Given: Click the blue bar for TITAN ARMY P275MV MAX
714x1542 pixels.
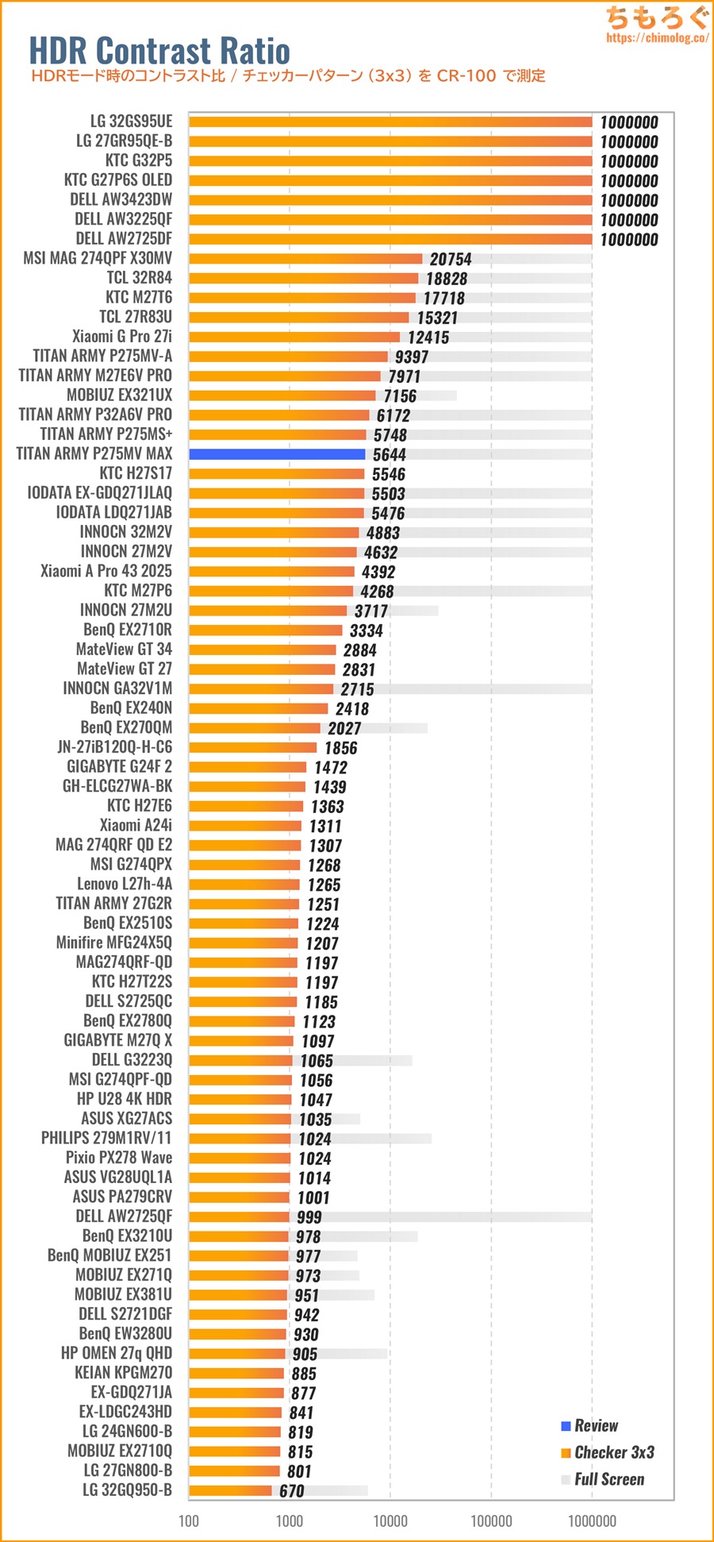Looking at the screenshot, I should tap(277, 454).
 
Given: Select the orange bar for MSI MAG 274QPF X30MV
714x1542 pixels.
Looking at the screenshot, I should tap(305, 259).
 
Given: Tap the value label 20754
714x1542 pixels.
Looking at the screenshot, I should tap(451, 260).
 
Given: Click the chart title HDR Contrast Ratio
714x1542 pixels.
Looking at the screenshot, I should tap(159, 51).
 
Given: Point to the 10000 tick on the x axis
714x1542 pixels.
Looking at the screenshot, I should tap(390, 1521).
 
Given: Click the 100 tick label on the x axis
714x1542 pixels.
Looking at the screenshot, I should tap(189, 1521).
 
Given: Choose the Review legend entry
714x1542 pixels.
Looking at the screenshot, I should tap(595, 1425).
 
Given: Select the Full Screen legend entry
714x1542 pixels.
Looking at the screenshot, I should tap(608, 1479).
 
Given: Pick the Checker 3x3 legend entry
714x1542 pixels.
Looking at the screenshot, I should tap(613, 1452).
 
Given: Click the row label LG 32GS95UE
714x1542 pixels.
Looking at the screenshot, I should tap(131, 121).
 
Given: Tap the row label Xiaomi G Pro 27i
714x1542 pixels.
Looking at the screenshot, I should tap(122, 337).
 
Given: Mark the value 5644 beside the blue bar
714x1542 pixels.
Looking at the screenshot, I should tap(389, 455).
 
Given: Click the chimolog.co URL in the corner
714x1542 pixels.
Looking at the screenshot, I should tap(656, 38).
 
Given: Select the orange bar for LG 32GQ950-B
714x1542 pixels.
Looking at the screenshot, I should tap(230, 1490).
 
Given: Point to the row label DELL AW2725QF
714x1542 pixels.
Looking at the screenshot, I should tap(124, 1216).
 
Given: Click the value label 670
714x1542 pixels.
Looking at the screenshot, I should tap(291, 1491).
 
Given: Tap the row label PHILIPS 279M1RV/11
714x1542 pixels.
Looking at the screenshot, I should tap(106, 1138).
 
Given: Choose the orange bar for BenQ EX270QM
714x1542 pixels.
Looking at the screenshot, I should tap(255, 728).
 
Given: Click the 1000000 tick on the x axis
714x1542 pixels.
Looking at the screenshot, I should tap(592, 1521).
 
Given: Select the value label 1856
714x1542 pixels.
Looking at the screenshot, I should tap(340, 748).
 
